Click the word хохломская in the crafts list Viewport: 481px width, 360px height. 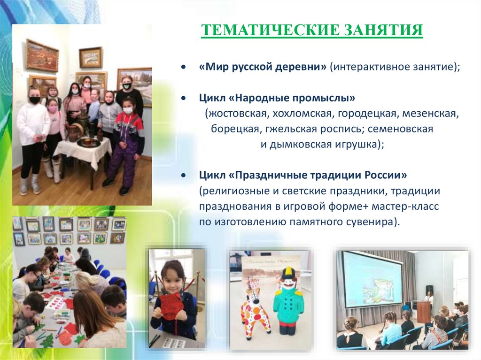pyautogui.click(x=303, y=114)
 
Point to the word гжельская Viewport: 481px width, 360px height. pyautogui.click(x=291, y=129)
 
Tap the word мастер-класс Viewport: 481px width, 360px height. pyautogui.click(x=405, y=206)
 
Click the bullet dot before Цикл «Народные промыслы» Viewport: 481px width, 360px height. pyautogui.click(x=184, y=98)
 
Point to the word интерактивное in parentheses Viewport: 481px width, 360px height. pyautogui.click(x=366, y=67)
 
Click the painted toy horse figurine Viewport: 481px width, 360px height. pyautogui.click(x=255, y=310)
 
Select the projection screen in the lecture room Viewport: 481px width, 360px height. pyautogui.click(x=372, y=279)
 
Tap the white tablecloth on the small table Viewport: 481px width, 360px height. pyautogui.click(x=83, y=148)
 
